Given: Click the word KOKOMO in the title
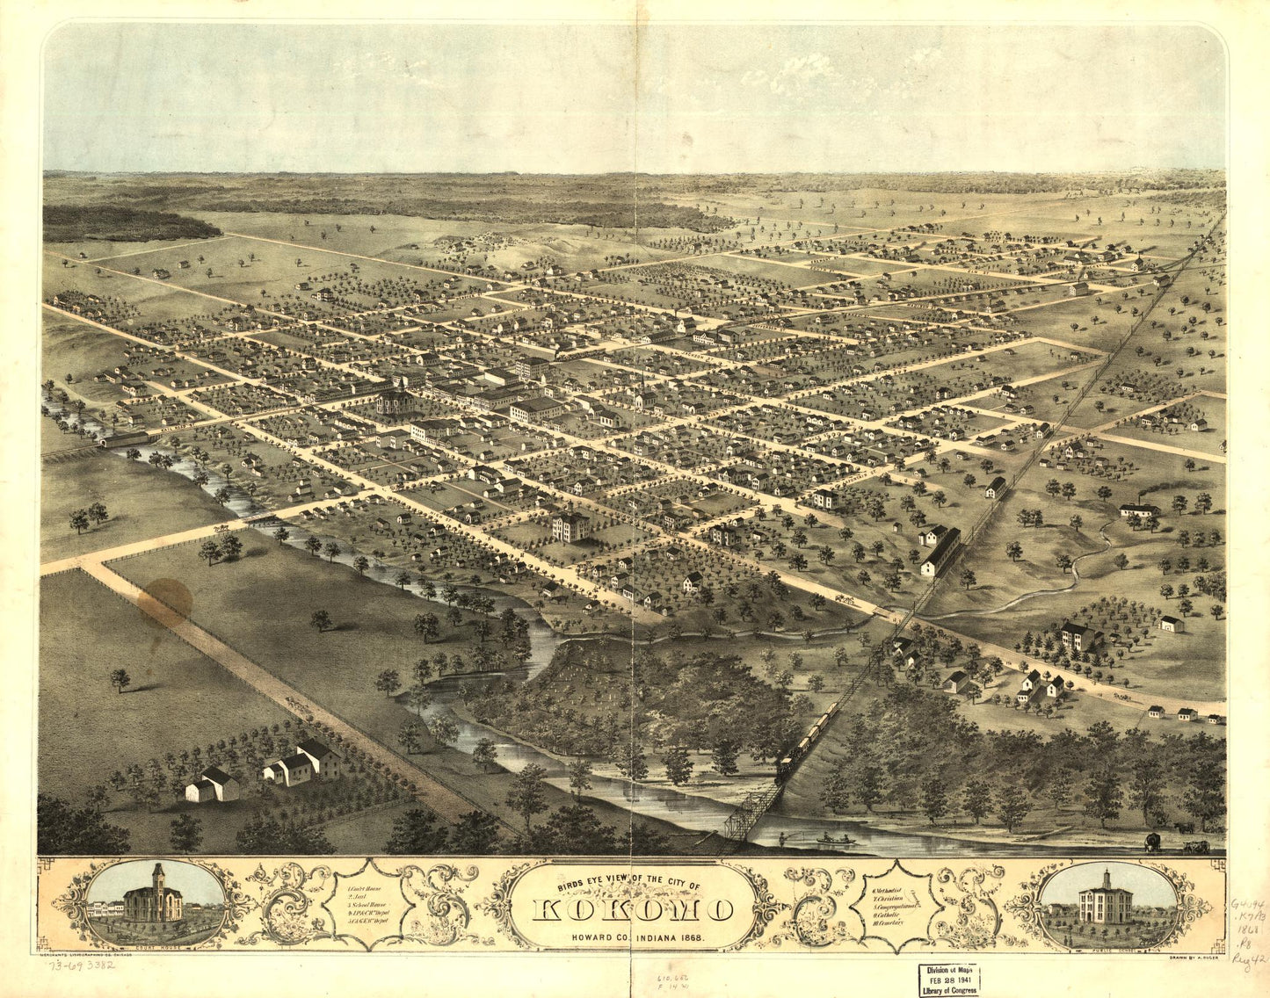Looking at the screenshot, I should tap(633, 909).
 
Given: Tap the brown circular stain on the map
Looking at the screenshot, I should tap(164, 602).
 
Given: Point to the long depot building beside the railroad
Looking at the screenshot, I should tap(941, 552).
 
